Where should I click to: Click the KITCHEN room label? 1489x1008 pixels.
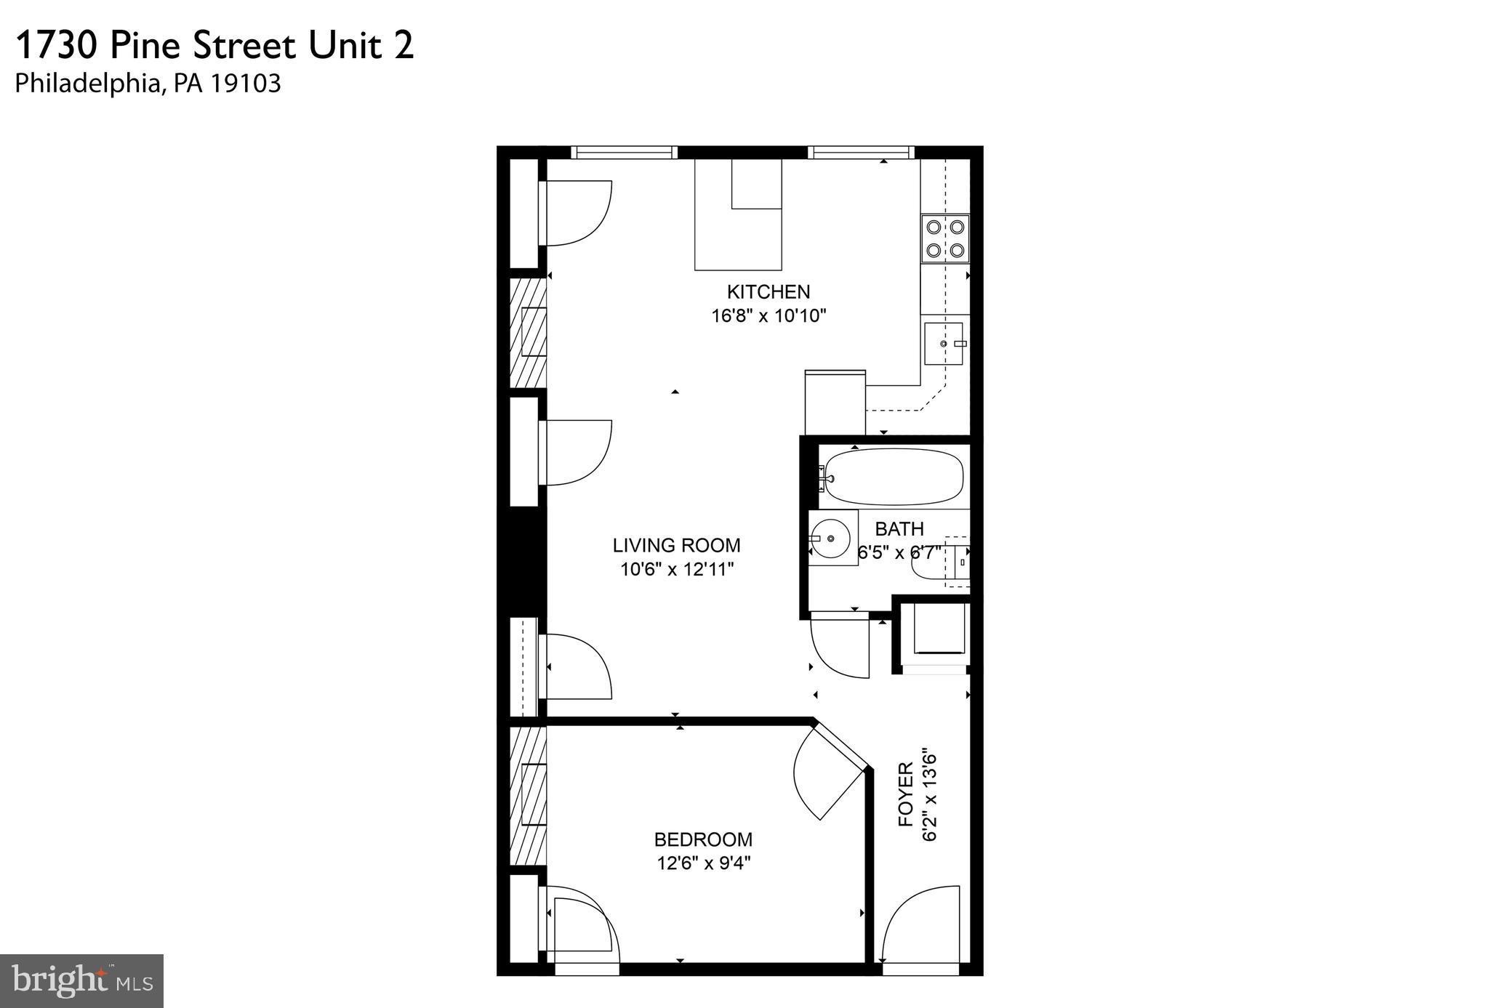click(x=768, y=292)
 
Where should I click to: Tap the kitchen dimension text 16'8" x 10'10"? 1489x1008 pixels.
click(x=768, y=316)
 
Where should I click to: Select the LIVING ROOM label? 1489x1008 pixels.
click(x=676, y=545)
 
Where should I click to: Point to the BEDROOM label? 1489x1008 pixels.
click(x=703, y=839)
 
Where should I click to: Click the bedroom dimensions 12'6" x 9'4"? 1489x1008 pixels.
click(x=703, y=863)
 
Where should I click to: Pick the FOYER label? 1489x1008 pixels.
click(x=906, y=794)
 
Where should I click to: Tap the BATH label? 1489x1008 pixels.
click(x=899, y=528)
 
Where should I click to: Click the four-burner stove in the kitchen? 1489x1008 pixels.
click(x=945, y=238)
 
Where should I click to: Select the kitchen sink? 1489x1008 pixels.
click(x=943, y=344)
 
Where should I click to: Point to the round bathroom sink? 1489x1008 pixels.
click(x=831, y=539)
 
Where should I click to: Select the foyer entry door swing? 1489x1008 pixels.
click(x=920, y=923)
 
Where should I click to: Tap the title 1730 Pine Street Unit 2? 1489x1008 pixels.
click(x=214, y=46)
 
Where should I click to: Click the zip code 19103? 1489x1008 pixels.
click(x=246, y=84)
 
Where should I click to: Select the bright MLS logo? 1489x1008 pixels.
click(x=81, y=980)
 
